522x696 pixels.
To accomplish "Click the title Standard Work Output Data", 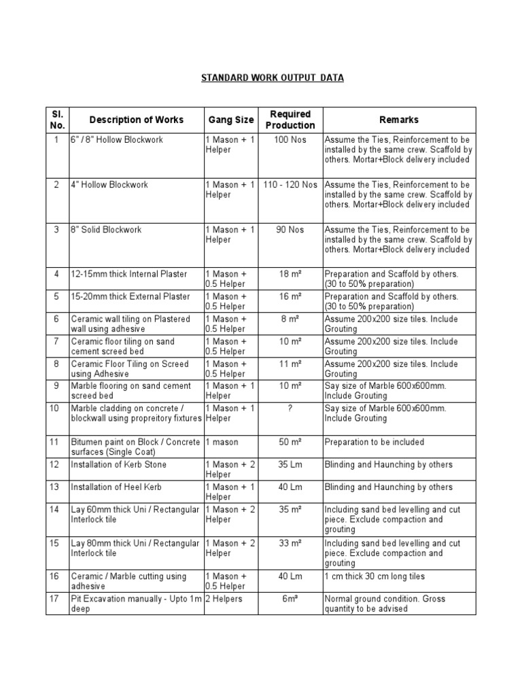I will click(272, 77).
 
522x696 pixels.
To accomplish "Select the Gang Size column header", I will click(230, 120).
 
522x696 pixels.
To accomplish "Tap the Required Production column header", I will click(290, 120).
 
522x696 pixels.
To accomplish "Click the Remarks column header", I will click(399, 120).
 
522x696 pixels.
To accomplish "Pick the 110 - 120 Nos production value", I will click(290, 185).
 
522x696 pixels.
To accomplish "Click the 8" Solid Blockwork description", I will click(107, 230).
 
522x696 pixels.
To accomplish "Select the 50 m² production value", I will click(290, 442).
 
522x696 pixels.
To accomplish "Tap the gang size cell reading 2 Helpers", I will click(224, 599).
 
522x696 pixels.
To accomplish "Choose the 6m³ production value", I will click(290, 599).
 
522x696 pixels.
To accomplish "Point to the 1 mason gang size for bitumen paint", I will click(221, 442).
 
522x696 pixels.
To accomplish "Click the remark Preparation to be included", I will click(375, 442).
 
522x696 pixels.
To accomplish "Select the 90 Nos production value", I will click(290, 230).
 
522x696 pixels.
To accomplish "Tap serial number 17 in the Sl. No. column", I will click(57, 599).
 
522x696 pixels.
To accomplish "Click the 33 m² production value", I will click(290, 543).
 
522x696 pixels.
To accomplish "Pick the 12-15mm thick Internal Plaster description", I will click(129, 274).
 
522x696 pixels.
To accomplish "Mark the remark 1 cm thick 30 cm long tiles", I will click(375, 576).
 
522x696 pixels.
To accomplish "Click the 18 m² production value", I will click(290, 274).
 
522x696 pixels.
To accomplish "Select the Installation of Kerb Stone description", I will click(118, 464).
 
